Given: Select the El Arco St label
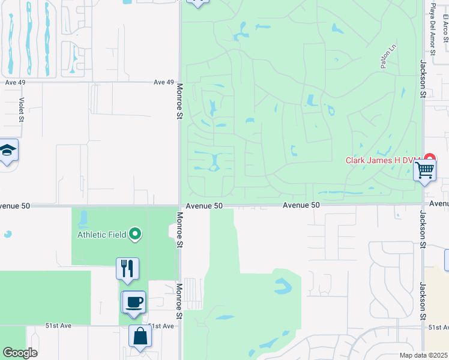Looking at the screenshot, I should (445, 28).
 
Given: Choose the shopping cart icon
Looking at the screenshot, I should (425, 170).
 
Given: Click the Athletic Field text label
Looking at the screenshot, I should (101, 235).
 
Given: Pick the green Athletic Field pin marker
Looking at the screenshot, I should (136, 234).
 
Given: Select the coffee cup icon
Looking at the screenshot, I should (133, 301).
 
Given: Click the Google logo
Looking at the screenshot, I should (20, 353).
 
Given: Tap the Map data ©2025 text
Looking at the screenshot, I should (423, 355).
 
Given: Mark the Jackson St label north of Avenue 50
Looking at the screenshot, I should (423, 80).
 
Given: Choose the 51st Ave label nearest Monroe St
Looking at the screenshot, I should (160, 326).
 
